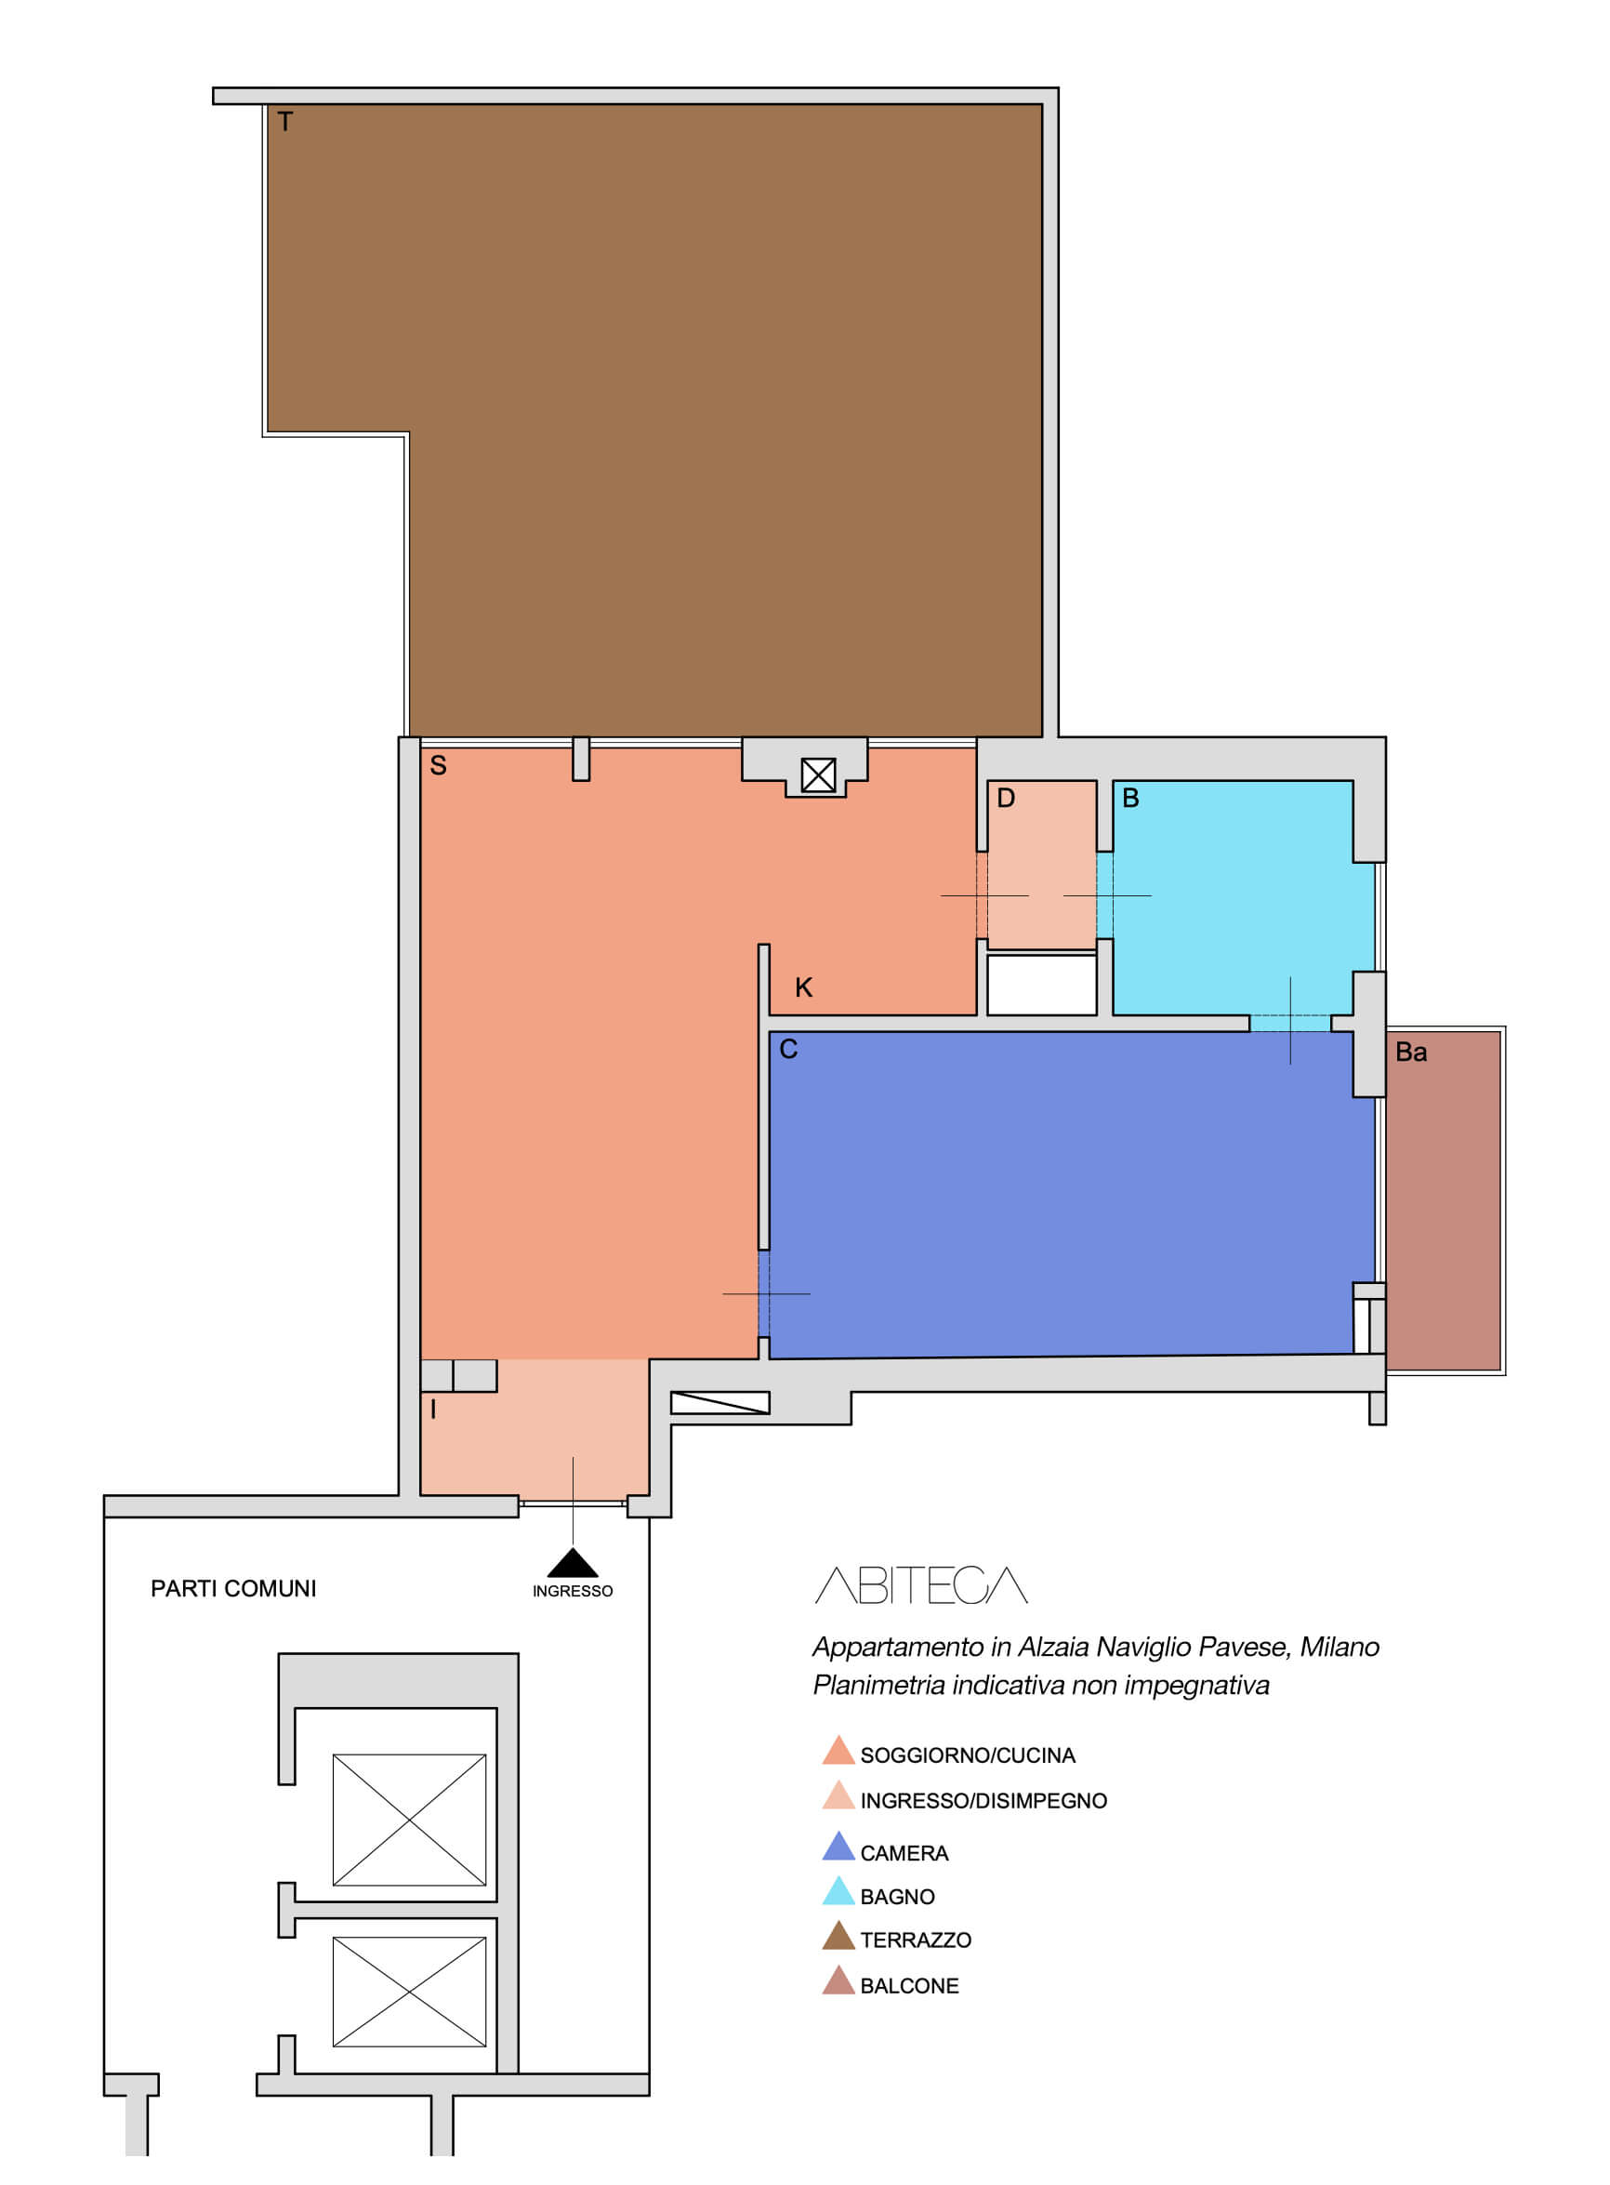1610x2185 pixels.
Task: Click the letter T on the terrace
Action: point(285,122)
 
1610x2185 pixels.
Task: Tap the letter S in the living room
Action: point(439,766)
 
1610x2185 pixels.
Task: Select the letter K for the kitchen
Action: point(804,988)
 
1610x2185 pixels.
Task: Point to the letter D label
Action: point(1007,798)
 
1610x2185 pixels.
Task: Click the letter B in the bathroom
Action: point(1131,798)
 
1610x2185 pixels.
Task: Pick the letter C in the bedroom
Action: point(789,1050)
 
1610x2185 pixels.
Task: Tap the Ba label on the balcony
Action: point(1411,1053)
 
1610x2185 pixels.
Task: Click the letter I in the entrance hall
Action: point(434,1410)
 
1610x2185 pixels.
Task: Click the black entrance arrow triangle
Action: point(573,1562)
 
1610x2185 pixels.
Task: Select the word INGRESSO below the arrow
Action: point(573,1592)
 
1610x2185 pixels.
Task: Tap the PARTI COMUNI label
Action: point(234,1590)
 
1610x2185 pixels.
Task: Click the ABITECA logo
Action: point(922,1585)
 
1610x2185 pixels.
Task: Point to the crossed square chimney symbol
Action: point(819,775)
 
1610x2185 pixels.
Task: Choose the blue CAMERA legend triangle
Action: point(839,1846)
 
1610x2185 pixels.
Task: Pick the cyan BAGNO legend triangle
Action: point(839,1890)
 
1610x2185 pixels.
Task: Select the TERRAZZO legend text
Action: point(917,1941)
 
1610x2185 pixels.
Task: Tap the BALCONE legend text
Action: point(910,1987)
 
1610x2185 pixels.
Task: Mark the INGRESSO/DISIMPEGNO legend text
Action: point(984,1802)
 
